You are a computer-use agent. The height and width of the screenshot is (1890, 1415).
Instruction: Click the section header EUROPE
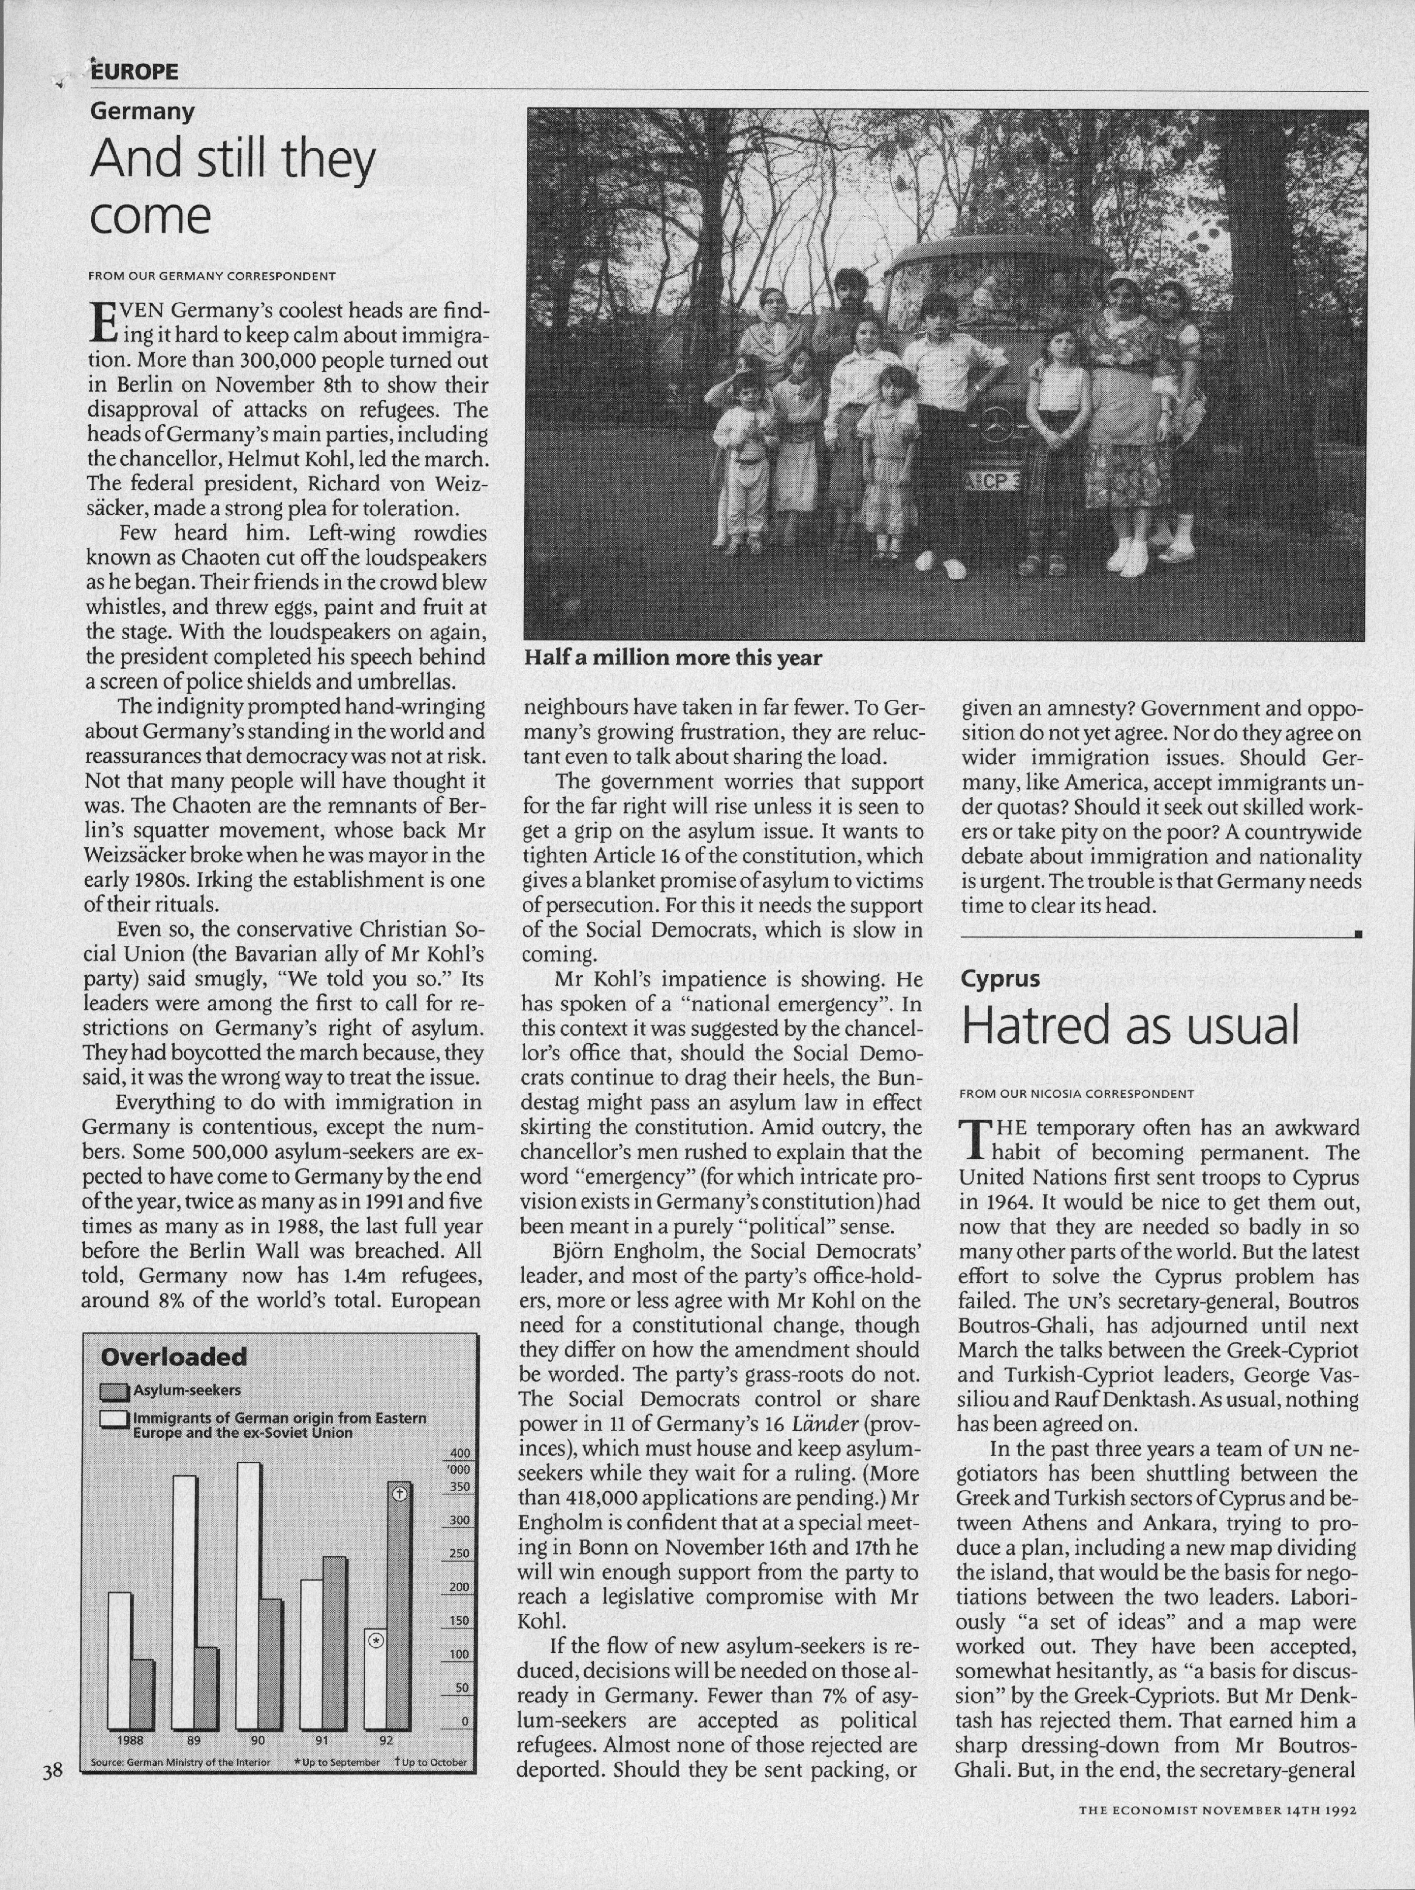coord(135,72)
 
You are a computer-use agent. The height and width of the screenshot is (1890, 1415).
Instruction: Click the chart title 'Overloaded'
coord(173,1357)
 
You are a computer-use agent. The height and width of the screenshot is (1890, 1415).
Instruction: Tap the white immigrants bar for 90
coord(248,1594)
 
